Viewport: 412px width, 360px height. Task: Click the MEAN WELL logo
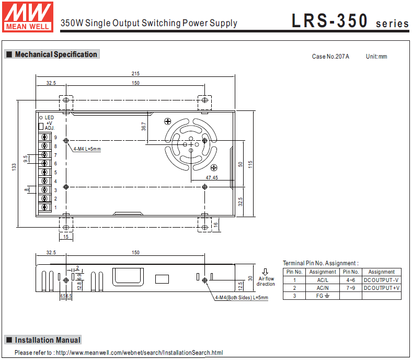tap(29, 16)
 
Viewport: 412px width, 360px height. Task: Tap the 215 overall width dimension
tap(135, 73)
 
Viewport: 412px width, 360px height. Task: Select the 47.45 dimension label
tap(212, 178)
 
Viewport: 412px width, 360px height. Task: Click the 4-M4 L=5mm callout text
tap(87, 149)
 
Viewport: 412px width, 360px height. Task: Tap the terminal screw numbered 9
tap(45, 137)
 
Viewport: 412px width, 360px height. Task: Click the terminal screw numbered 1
tap(45, 208)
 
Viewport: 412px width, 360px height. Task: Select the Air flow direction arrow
tap(266, 272)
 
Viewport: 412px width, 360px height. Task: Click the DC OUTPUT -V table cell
tap(382, 280)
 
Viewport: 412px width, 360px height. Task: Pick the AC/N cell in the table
tap(323, 288)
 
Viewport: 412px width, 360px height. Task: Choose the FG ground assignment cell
tap(323, 296)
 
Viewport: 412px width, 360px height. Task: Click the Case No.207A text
tap(330, 57)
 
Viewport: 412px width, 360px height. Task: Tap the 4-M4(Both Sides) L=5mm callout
tap(242, 298)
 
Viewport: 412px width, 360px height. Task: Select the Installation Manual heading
tap(48, 340)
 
